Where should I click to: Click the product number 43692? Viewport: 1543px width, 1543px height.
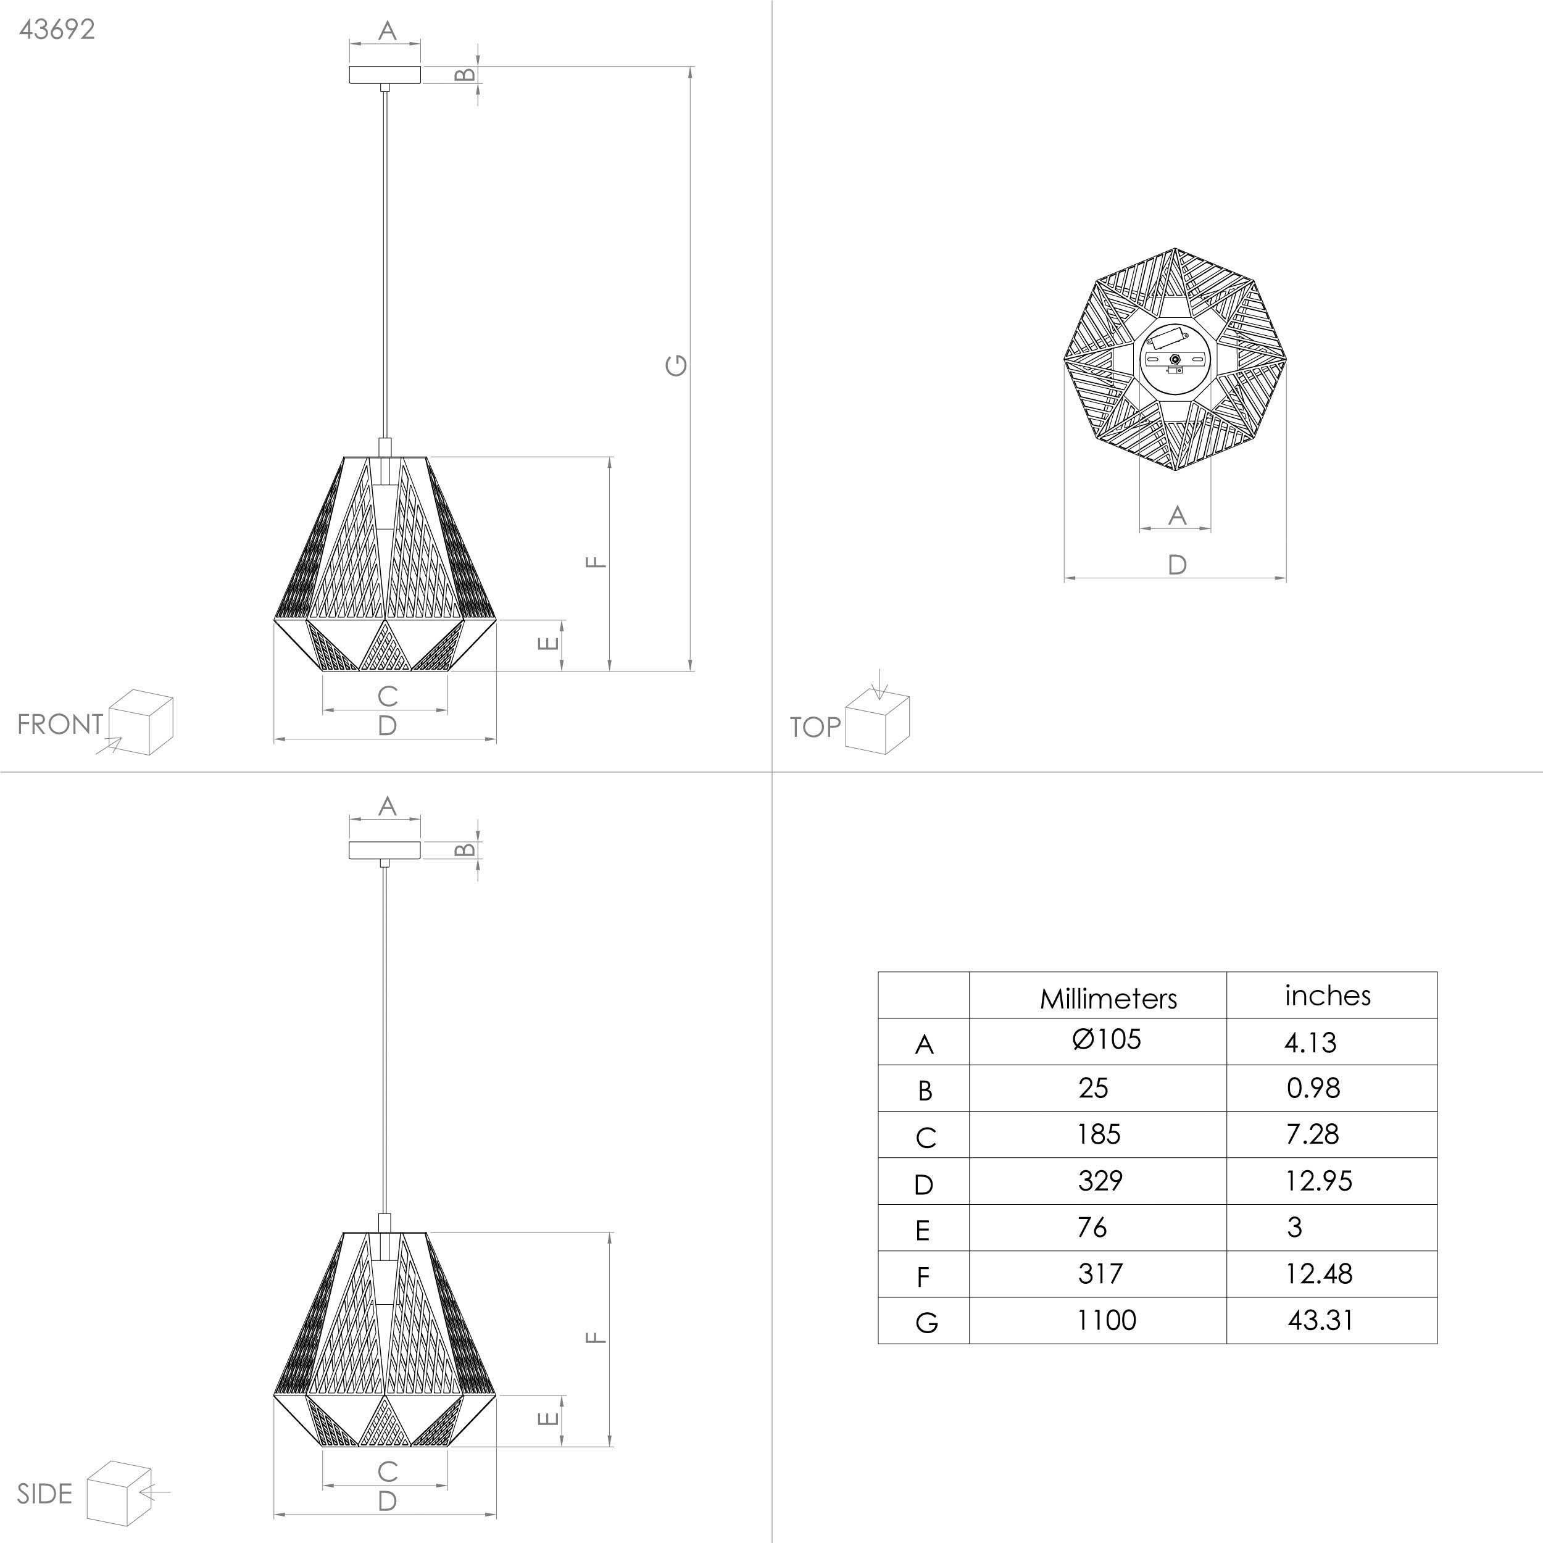click(x=57, y=30)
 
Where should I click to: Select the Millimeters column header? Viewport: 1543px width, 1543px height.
click(x=1108, y=998)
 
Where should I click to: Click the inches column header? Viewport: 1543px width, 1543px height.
click(x=1328, y=995)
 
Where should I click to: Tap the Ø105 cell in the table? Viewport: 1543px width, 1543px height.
click(x=1107, y=1039)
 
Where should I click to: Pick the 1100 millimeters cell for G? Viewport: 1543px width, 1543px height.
click(x=1106, y=1320)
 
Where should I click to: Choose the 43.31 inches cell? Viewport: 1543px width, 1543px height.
click(x=1320, y=1320)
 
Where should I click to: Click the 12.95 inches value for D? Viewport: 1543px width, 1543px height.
click(x=1318, y=1181)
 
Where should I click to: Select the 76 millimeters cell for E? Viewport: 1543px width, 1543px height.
click(x=1092, y=1227)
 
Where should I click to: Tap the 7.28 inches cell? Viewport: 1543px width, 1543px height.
click(x=1312, y=1134)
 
